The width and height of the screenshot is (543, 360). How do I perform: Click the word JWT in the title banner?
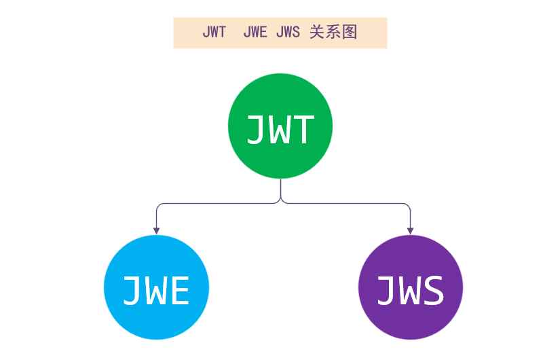(x=214, y=33)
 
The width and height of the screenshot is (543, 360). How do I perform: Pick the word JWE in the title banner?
(x=255, y=33)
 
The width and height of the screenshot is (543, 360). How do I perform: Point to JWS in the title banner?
(x=288, y=33)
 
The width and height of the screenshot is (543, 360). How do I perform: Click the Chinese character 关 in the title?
(x=317, y=33)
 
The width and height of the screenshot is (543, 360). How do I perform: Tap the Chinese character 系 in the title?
(x=333, y=33)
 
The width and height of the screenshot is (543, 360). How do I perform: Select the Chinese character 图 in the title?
(x=350, y=33)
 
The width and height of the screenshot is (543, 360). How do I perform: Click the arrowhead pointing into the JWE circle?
(x=156, y=231)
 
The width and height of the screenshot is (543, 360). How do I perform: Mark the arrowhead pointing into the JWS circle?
(x=410, y=231)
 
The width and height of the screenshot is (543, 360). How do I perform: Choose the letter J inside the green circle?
(x=257, y=129)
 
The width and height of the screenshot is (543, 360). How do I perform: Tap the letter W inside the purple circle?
(x=411, y=290)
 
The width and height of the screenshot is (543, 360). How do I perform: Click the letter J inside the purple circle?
(x=387, y=290)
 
